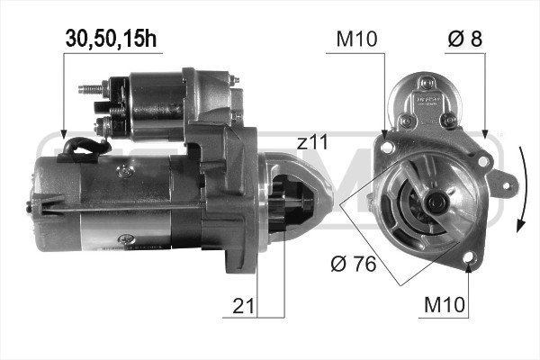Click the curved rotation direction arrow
pos(522,193)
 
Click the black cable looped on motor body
pos(76,148)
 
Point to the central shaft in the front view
pos(437,202)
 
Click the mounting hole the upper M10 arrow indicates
pos(385,142)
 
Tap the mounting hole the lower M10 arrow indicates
pos(470,262)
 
